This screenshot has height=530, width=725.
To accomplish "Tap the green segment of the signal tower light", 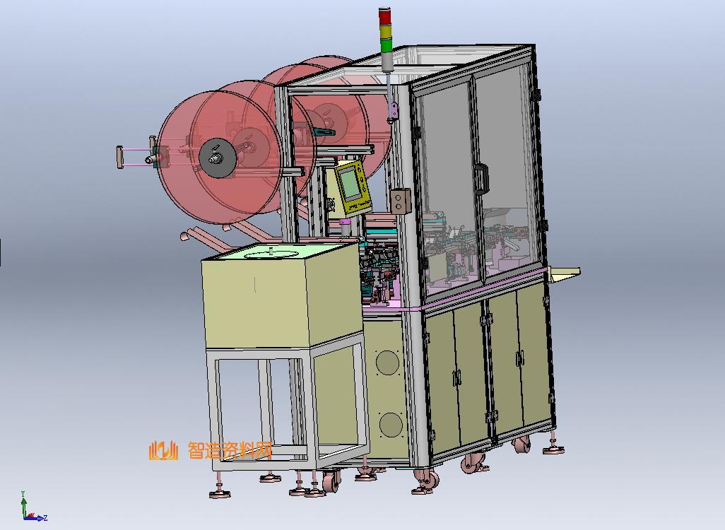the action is (385, 45).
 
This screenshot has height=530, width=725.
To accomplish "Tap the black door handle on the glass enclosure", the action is (481, 178).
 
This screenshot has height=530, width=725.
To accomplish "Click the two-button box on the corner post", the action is (401, 201).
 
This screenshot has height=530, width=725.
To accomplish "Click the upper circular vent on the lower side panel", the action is (387, 362).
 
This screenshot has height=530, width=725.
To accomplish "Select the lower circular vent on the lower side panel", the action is (391, 425).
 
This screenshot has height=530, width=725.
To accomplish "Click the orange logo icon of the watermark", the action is (163, 450).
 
